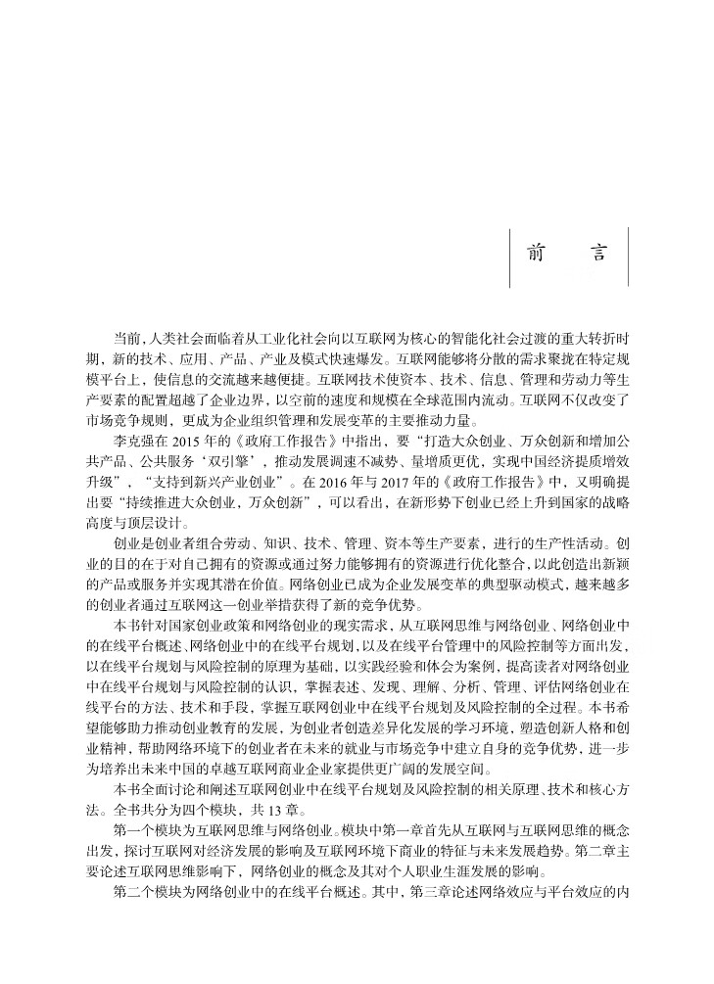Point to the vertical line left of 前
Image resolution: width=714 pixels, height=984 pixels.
point(509,257)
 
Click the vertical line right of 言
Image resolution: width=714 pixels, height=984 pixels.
point(628,257)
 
